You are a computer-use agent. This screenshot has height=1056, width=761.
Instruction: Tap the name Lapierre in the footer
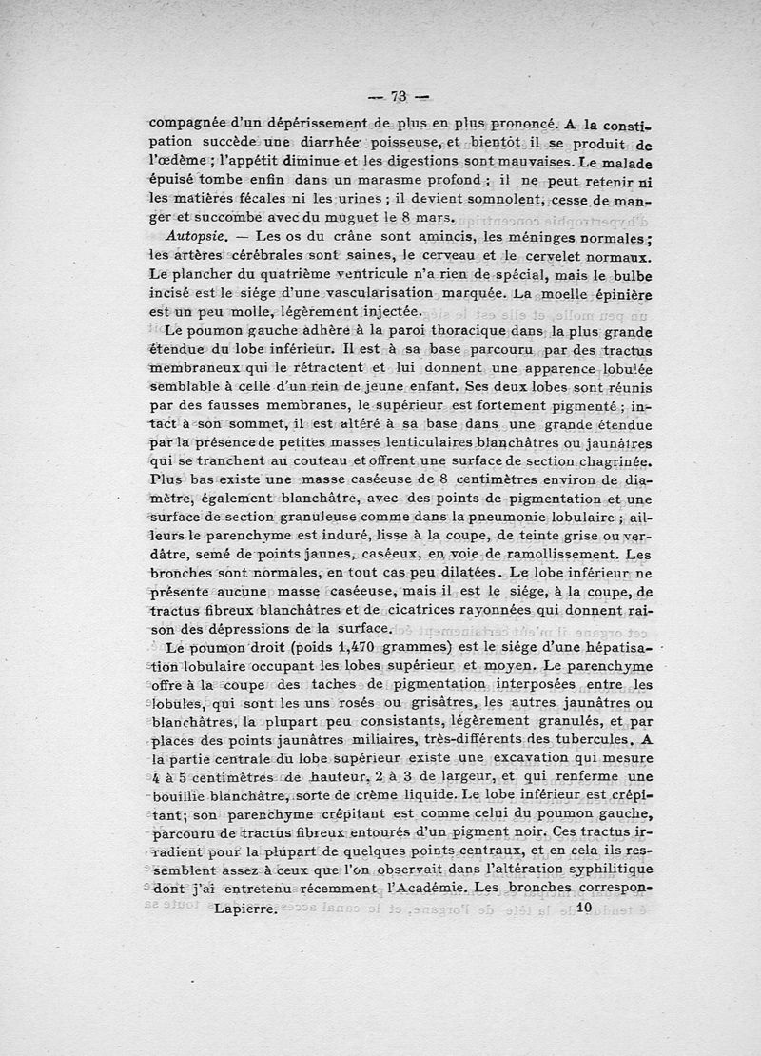click(245, 909)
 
